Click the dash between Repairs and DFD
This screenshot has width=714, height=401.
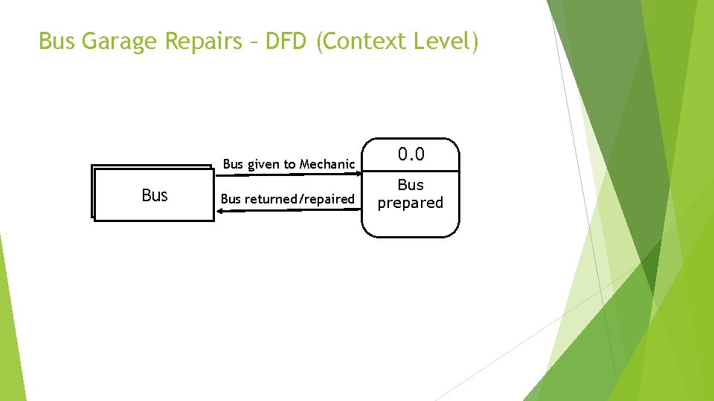pyautogui.click(x=251, y=42)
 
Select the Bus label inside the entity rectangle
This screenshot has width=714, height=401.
pyautogui.click(x=154, y=195)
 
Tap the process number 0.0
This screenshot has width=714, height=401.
pyautogui.click(x=411, y=154)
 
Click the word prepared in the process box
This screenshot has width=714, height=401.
pyautogui.click(x=411, y=203)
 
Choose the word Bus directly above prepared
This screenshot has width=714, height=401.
pyautogui.click(x=411, y=185)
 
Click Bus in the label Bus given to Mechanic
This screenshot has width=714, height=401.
pyautogui.click(x=233, y=164)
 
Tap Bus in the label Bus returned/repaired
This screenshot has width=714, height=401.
pyautogui.click(x=231, y=199)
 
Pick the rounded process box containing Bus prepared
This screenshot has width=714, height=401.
pyautogui.click(x=411, y=223)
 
